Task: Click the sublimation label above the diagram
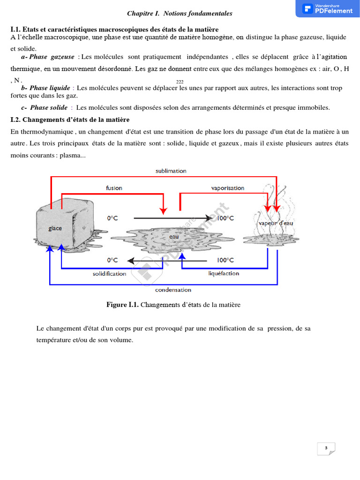[171, 171]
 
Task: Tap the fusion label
[114, 188]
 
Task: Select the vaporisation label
[227, 188]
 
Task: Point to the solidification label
[109, 273]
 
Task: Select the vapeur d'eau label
[276, 223]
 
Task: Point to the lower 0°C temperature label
[112, 260]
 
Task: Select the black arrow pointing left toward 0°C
[169, 260]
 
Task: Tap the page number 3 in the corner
[325, 448]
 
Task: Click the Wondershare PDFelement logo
[328, 8]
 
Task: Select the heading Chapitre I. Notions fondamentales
[180, 14]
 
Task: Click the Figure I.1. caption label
[123, 305]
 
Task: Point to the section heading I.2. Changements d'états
[70, 120]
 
